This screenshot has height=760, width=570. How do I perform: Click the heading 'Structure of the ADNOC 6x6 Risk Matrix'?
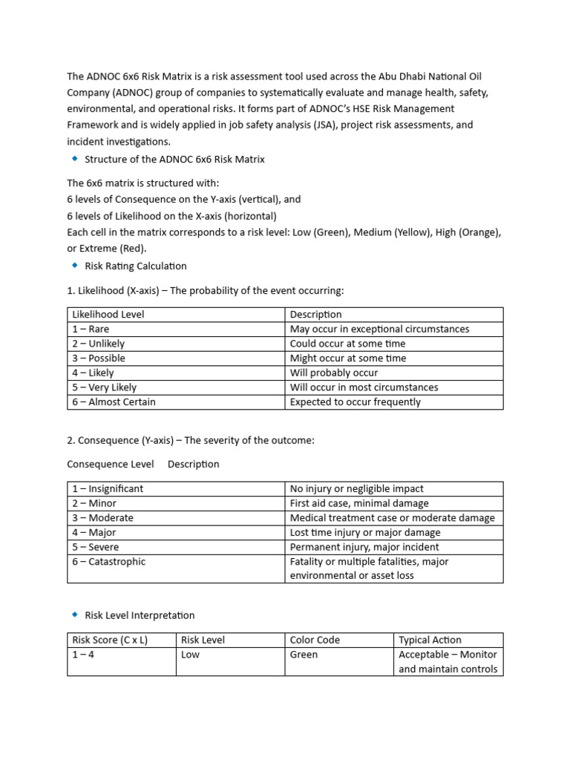(174, 160)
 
